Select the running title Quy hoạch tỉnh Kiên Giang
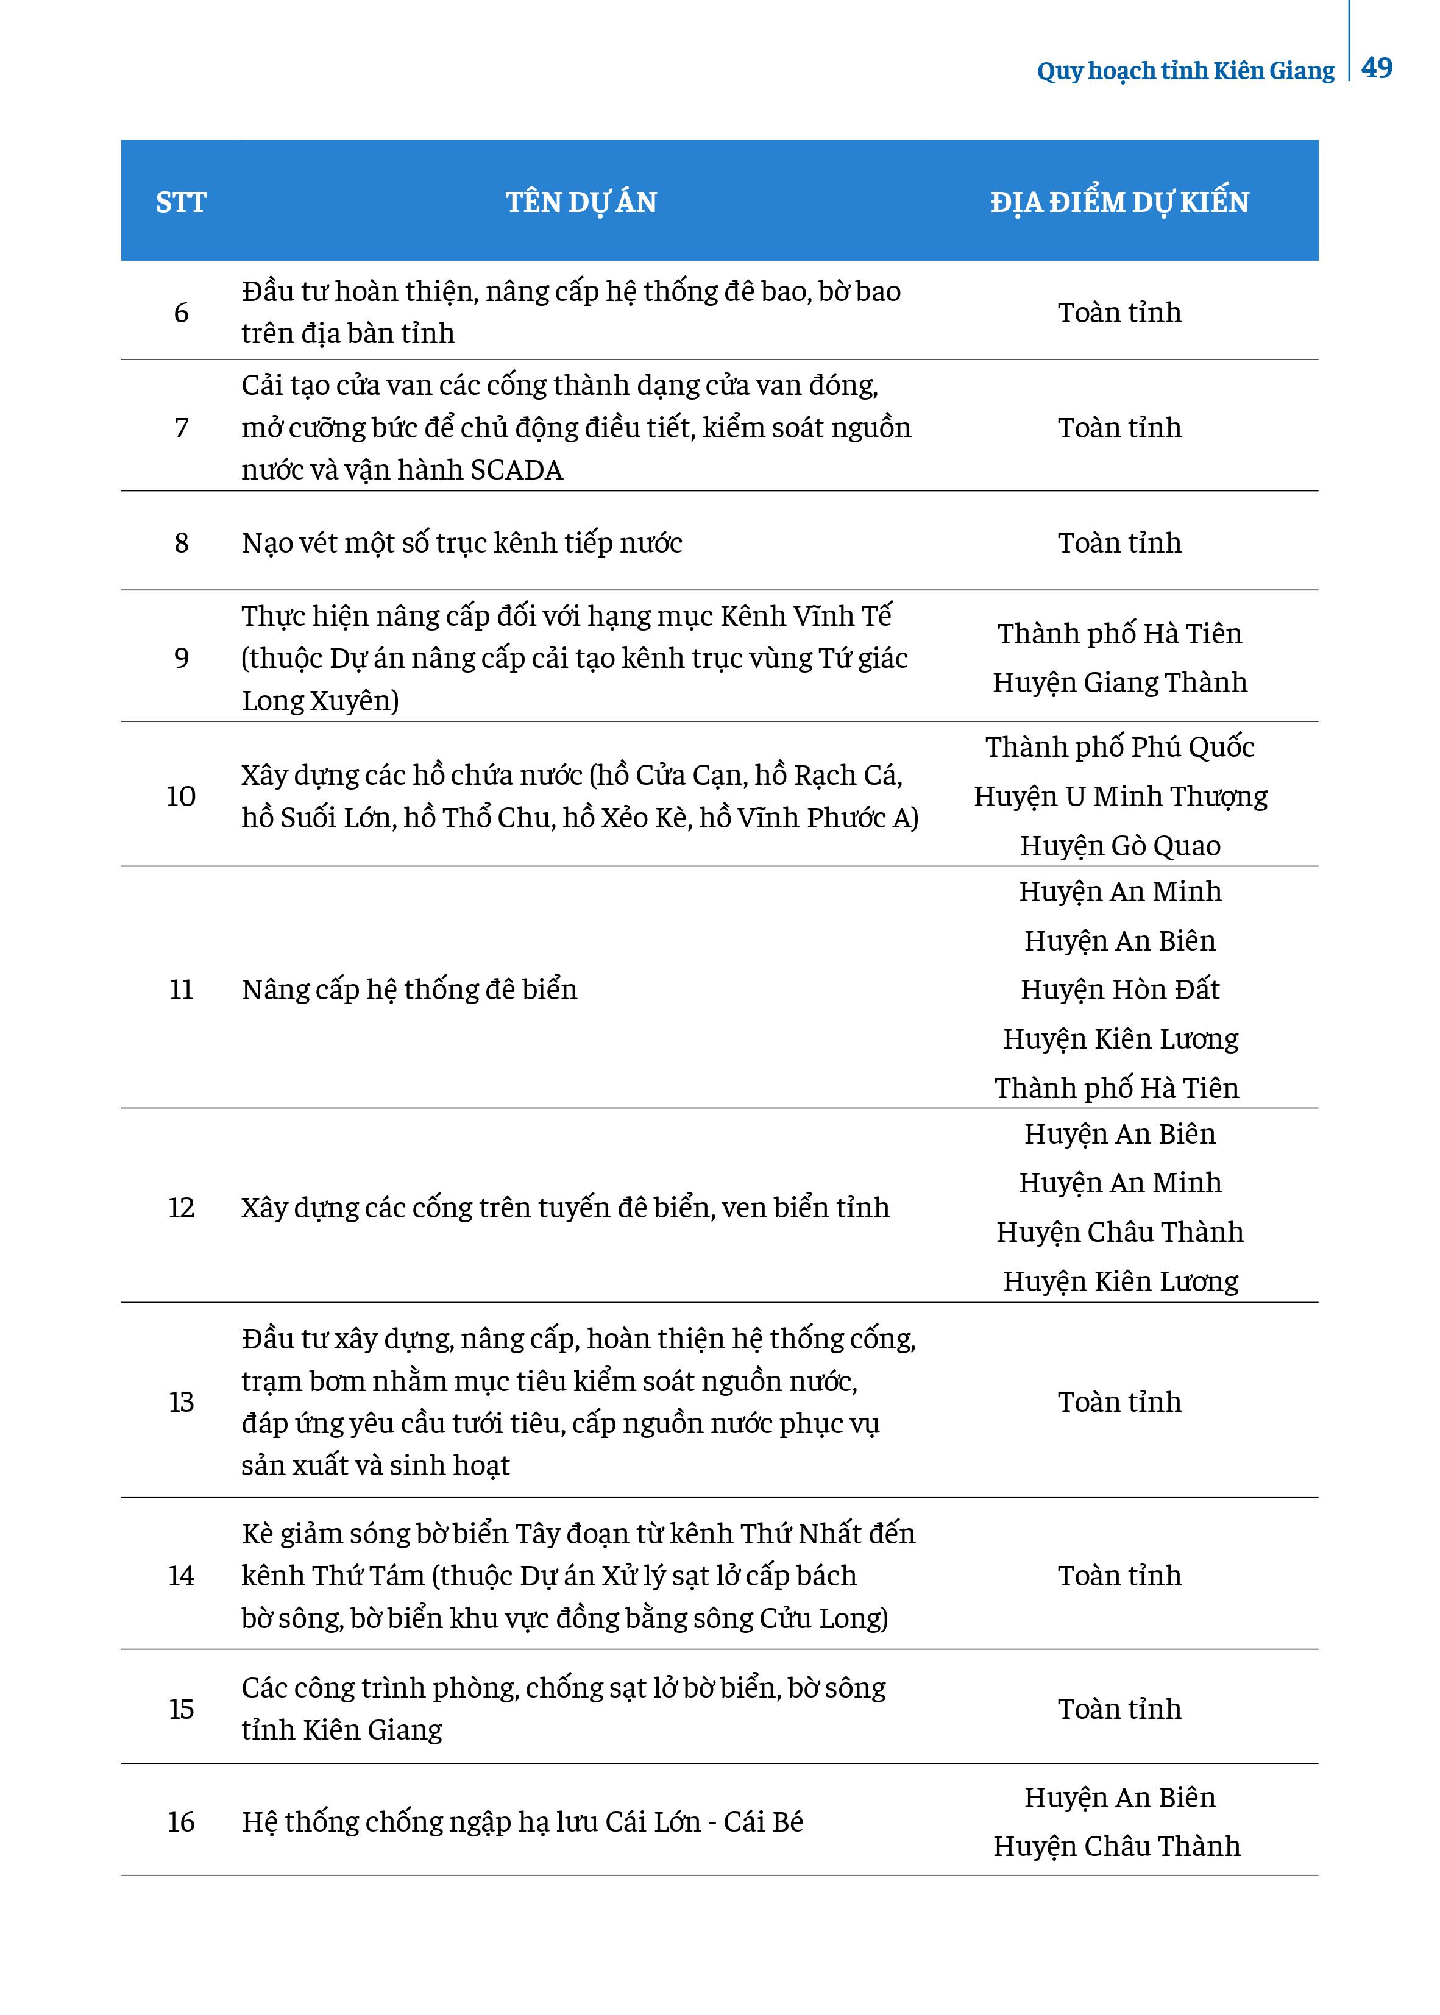[x=1185, y=71]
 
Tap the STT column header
[x=181, y=203]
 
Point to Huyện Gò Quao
[x=1120, y=846]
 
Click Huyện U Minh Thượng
[x=1120, y=797]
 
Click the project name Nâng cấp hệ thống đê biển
[x=409, y=990]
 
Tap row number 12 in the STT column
[x=181, y=1208]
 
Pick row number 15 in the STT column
[x=181, y=1709]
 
